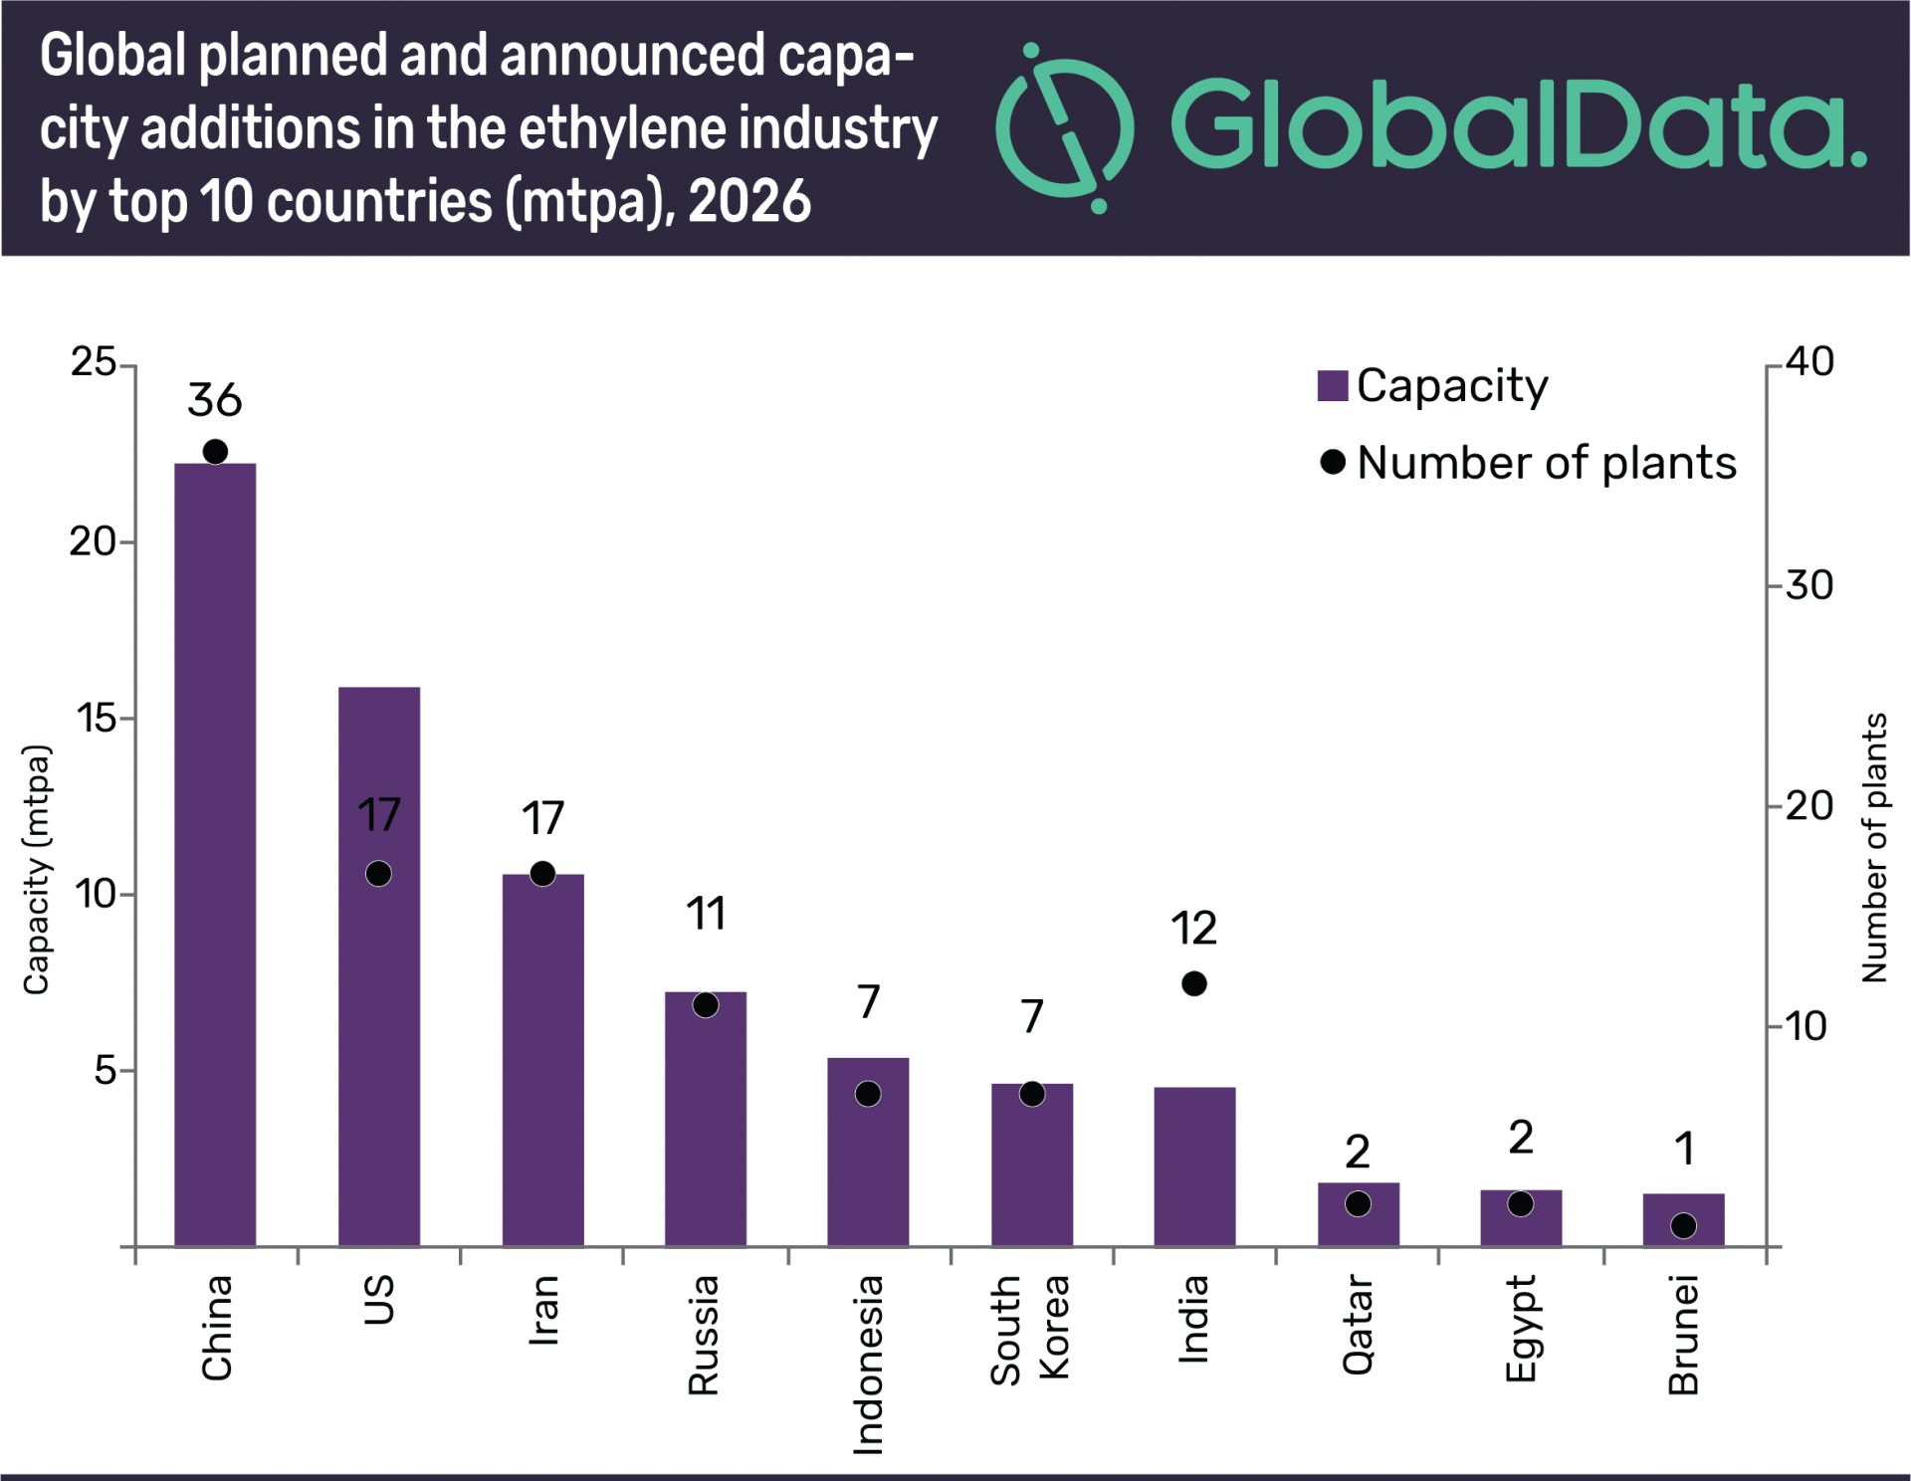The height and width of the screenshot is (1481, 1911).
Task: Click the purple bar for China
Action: [215, 856]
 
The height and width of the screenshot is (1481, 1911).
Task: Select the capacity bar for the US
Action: [378, 995]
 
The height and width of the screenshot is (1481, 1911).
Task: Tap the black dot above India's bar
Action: [1194, 983]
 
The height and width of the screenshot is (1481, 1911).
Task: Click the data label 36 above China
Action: [215, 400]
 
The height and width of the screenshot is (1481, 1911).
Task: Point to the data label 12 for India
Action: [1193, 929]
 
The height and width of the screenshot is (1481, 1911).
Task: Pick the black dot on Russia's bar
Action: [706, 1005]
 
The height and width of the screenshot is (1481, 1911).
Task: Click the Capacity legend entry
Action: [1433, 386]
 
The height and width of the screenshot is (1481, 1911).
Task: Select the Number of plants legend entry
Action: [1529, 463]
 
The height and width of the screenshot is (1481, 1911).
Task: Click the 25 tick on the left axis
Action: [94, 362]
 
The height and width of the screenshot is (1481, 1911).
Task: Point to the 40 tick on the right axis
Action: [1809, 362]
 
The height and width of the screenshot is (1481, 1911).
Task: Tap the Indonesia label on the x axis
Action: [868, 1364]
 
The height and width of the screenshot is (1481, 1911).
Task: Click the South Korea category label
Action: [1030, 1329]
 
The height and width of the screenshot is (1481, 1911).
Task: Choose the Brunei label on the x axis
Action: [1683, 1334]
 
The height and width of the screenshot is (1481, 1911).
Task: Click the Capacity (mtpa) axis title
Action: [36, 869]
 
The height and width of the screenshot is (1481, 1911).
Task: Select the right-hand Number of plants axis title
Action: [1874, 848]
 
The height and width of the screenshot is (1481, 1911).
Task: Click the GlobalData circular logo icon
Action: [1065, 127]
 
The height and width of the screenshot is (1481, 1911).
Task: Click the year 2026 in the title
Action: [749, 202]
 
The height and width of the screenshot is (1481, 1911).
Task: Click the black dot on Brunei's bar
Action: [1683, 1225]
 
